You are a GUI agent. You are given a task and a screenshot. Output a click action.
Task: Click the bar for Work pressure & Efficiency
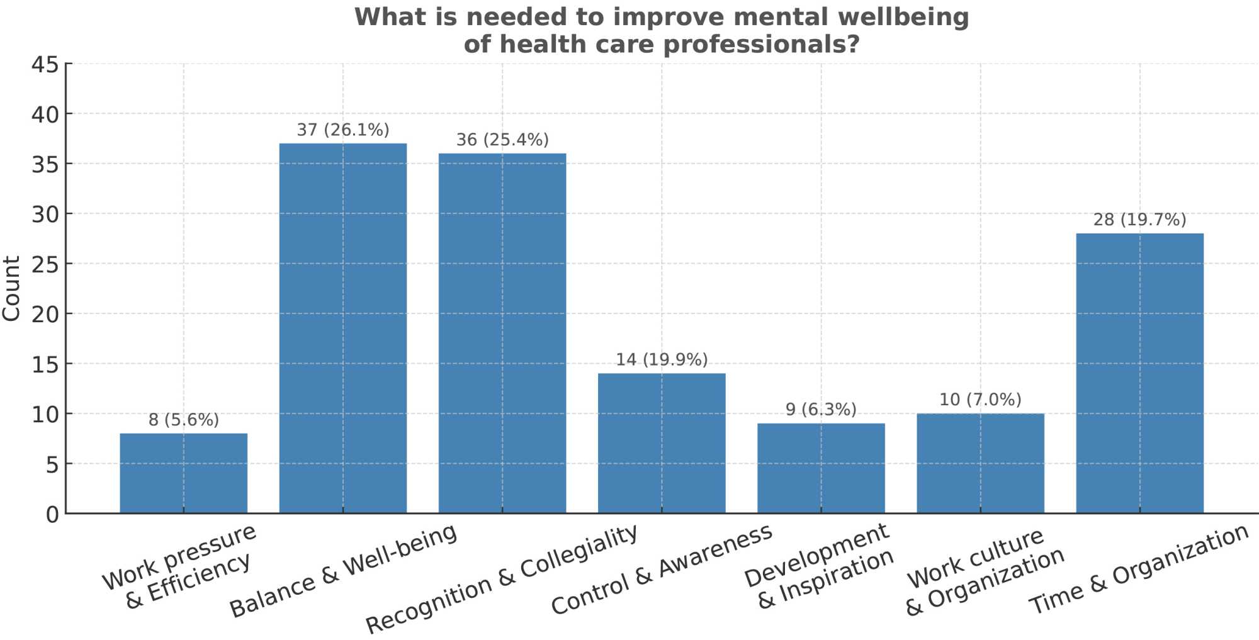click(x=183, y=473)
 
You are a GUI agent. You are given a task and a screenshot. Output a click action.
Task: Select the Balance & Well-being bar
click(x=343, y=328)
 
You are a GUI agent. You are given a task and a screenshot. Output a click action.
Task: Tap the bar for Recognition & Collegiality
click(x=502, y=333)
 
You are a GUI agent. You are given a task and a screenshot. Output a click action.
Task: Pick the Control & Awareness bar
click(x=662, y=443)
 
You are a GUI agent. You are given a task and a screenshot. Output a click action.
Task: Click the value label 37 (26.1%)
click(x=343, y=130)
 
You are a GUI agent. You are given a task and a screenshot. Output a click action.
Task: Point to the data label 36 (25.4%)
click(x=502, y=140)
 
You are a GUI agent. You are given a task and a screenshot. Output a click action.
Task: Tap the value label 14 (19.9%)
click(x=662, y=360)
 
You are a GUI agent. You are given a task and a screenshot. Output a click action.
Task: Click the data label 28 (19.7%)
click(x=1139, y=220)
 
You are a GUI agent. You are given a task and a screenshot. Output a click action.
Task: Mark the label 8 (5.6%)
click(x=183, y=420)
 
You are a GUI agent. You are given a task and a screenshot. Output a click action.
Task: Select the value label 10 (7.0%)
click(x=980, y=400)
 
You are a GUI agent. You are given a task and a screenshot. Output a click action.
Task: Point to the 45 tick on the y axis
click(x=45, y=64)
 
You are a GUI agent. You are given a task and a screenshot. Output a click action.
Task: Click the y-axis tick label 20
click(x=45, y=314)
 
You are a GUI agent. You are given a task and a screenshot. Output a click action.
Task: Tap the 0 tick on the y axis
click(x=52, y=515)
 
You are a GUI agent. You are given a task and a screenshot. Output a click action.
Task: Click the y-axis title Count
click(x=11, y=289)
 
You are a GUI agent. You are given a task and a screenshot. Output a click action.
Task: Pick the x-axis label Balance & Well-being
click(x=343, y=570)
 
